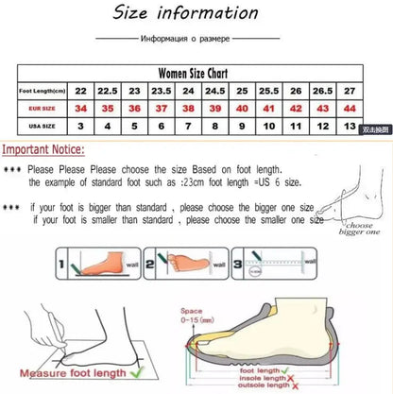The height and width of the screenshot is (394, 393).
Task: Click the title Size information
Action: click(x=197, y=14)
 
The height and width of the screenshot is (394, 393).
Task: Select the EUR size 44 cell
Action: click(x=349, y=109)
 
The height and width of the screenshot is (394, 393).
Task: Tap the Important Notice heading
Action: click(x=43, y=149)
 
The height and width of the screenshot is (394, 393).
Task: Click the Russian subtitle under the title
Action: click(x=196, y=40)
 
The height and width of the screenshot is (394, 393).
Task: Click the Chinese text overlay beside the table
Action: click(x=376, y=128)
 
